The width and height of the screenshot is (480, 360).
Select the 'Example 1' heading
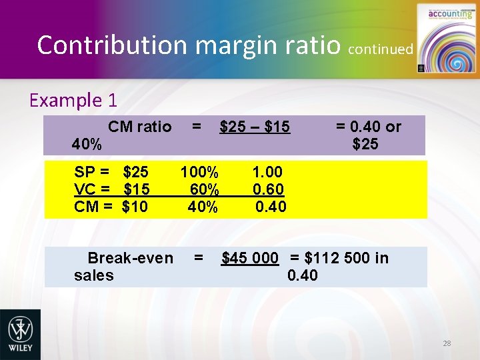pyautogui.click(x=73, y=101)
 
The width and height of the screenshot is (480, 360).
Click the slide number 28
pyautogui.click(x=447, y=343)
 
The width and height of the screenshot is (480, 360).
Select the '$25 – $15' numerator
pyautogui.click(x=255, y=127)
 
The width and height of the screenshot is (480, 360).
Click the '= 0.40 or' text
pyautogui.click(x=368, y=127)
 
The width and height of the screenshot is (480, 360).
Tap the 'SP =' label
pyautogui.click(x=92, y=173)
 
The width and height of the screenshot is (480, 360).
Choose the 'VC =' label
pyautogui.click(x=92, y=190)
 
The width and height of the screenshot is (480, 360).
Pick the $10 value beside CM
pyautogui.click(x=135, y=207)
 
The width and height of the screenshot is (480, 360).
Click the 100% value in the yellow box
pyautogui.click(x=199, y=173)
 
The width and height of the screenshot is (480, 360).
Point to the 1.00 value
pyautogui.click(x=268, y=173)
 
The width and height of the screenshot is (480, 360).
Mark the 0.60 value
pyautogui.click(x=268, y=190)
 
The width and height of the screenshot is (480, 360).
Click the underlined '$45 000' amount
pyautogui.click(x=250, y=258)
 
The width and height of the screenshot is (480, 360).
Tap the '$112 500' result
pyautogui.click(x=338, y=258)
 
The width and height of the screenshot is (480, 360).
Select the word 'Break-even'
pyautogui.click(x=131, y=258)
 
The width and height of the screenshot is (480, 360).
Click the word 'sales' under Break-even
pyautogui.click(x=94, y=275)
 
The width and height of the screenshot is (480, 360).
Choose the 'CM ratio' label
pyautogui.click(x=140, y=127)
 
